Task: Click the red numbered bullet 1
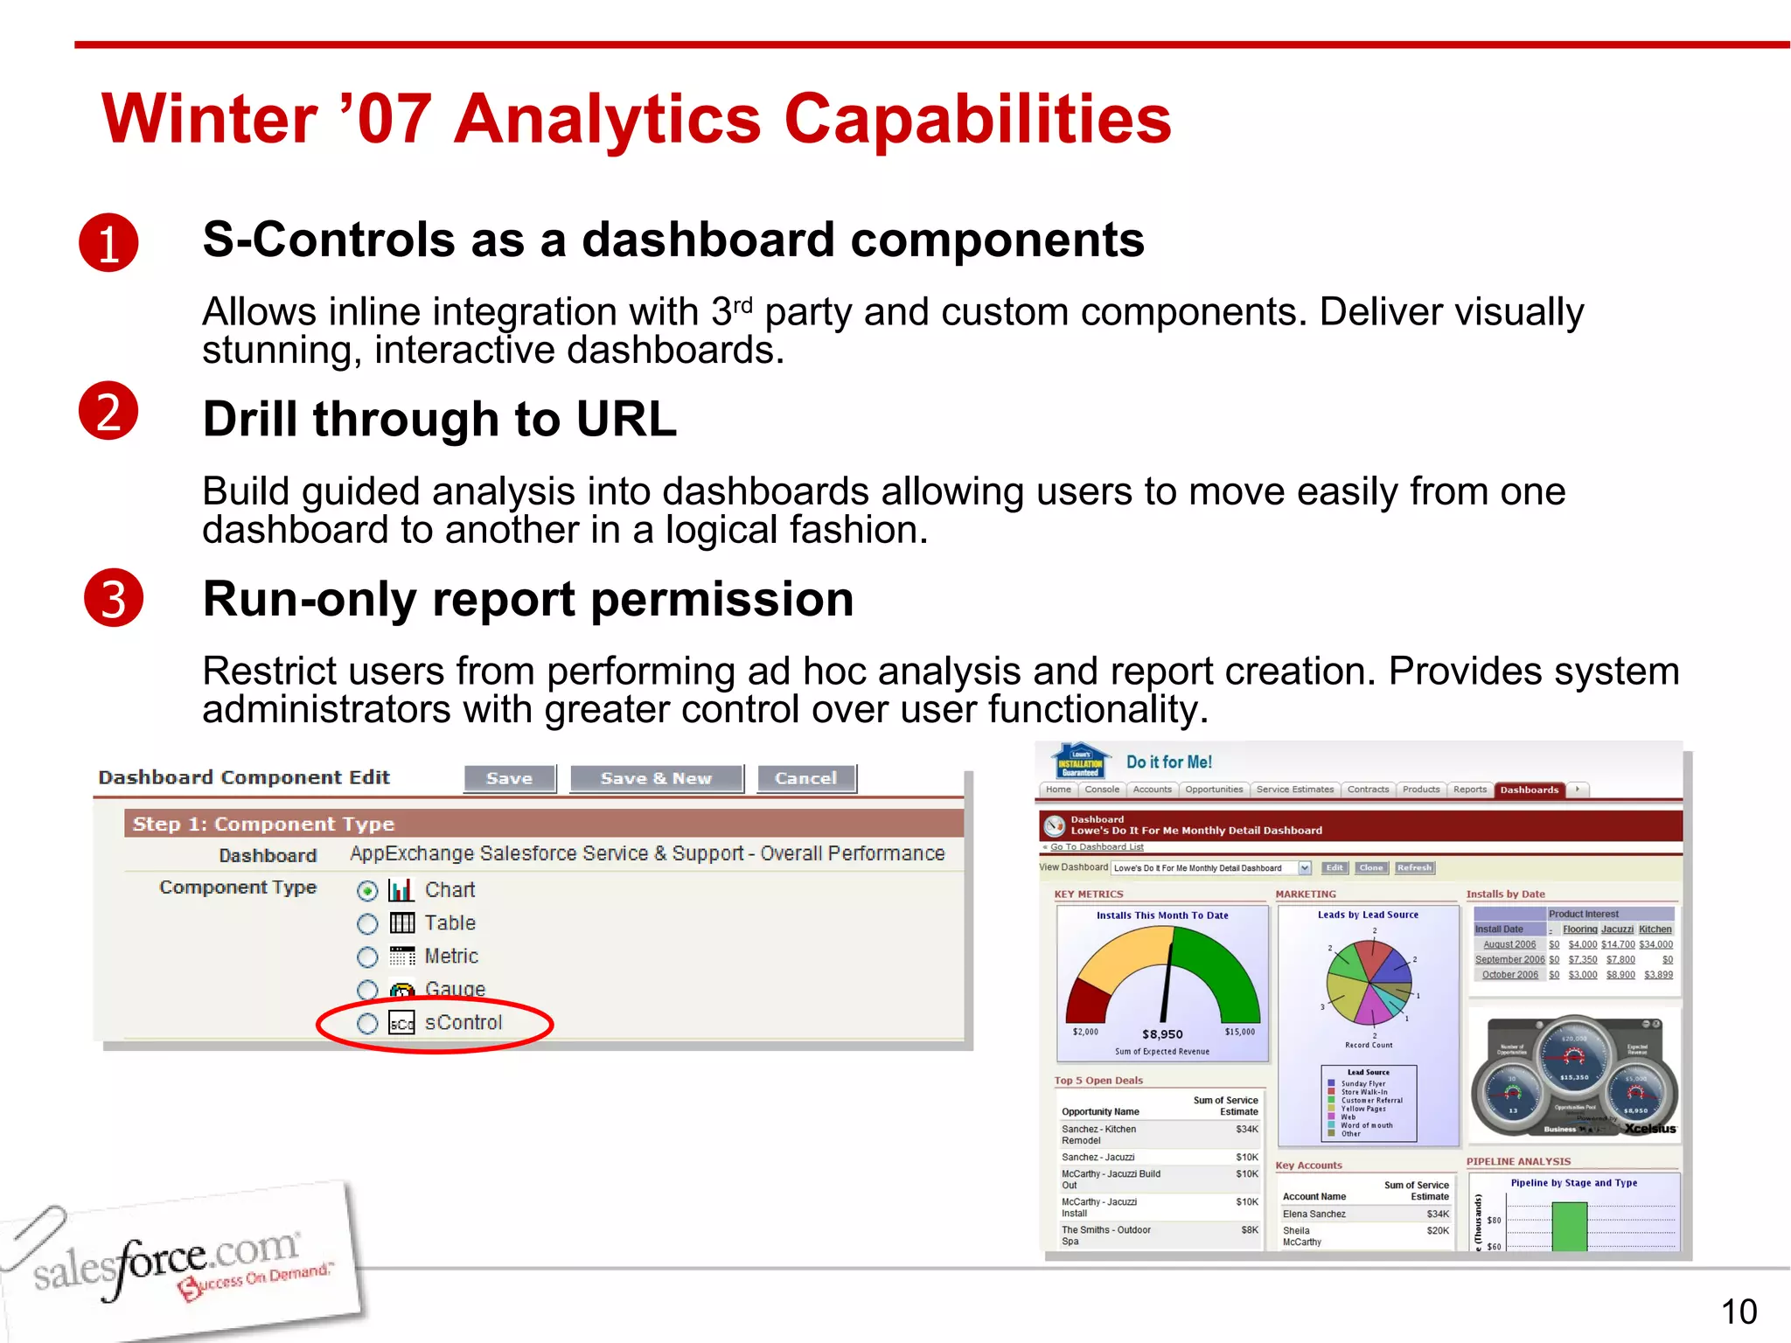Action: pos(108,242)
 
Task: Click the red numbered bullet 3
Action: pos(114,598)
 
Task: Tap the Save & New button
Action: pos(656,778)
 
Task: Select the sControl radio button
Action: pos(367,1023)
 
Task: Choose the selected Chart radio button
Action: pos(367,891)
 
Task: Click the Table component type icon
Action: pos(401,923)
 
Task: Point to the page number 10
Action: pos(1739,1312)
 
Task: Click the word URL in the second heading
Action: pos(626,419)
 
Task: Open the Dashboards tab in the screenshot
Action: pos(1529,790)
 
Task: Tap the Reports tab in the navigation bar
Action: pos(1469,790)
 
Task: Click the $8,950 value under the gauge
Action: pos(1162,1034)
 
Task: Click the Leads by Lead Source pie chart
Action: pos(1369,982)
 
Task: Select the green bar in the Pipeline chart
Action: pos(1569,1226)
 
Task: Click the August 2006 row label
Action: pos(1509,944)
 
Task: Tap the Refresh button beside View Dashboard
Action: pos(1414,868)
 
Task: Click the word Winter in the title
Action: pos(210,119)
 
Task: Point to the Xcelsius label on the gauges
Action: pos(1650,1129)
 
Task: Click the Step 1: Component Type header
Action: pos(263,824)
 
